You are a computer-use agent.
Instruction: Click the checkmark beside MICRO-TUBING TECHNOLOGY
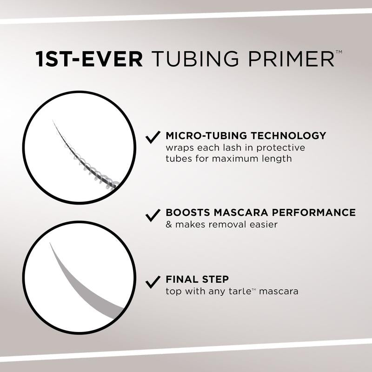click(153, 137)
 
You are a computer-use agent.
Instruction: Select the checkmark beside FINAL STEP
click(153, 281)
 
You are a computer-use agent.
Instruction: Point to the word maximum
click(241, 159)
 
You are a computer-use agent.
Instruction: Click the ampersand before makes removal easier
click(169, 225)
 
